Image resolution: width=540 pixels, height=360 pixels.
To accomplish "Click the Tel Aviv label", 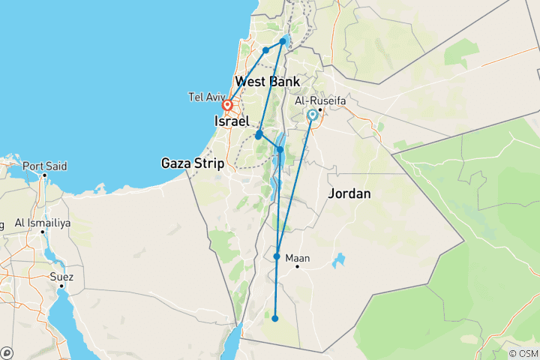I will click(205, 96).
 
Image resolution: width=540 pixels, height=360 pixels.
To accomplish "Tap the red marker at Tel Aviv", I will click(226, 106).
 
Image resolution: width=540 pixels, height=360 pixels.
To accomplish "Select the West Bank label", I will click(267, 82).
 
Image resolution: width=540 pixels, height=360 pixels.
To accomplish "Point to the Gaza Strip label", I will click(193, 163).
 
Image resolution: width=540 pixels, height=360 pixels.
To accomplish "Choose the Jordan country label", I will click(349, 193).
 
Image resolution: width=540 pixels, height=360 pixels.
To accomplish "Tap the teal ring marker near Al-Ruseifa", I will click(312, 115).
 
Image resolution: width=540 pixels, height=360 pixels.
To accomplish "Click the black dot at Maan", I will click(298, 266).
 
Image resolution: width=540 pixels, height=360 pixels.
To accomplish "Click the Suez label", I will click(61, 276).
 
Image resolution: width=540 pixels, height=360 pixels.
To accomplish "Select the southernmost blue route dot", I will click(275, 319).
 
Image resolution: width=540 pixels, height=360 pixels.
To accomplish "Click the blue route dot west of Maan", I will click(277, 256).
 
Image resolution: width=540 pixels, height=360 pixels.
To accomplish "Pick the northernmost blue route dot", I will click(283, 41).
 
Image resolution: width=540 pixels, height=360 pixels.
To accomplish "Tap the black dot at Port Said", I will click(46, 175).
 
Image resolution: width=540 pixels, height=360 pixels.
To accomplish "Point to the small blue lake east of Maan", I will click(339, 261).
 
